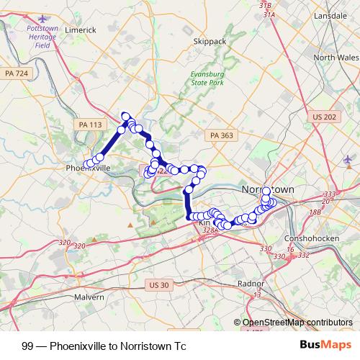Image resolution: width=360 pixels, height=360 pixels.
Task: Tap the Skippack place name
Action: coord(210,42)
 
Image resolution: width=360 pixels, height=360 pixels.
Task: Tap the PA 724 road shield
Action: coord(16,73)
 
